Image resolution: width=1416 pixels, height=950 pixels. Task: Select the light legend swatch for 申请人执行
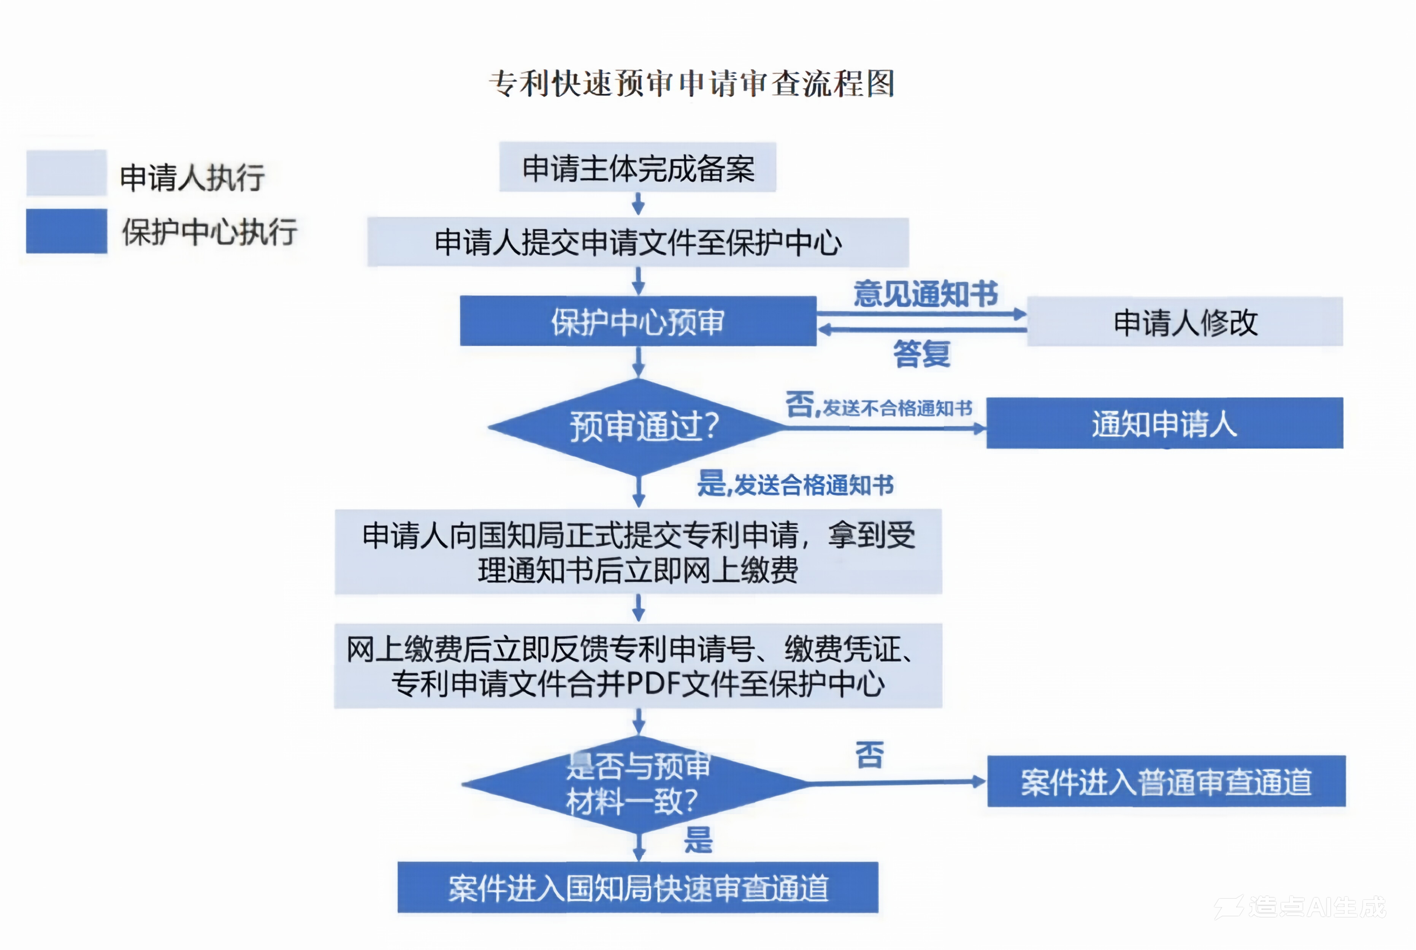(x=66, y=173)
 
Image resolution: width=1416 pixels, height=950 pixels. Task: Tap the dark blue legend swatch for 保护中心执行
(x=66, y=231)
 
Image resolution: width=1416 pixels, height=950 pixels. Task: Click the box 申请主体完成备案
(x=637, y=168)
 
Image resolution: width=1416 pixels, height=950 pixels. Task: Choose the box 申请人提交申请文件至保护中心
(x=637, y=242)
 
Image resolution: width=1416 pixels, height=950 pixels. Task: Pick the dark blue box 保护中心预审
(x=637, y=321)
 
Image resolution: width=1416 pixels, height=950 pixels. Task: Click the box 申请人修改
(x=1184, y=322)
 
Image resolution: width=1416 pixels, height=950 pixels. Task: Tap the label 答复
(x=921, y=353)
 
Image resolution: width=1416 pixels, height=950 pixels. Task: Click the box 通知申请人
(x=1164, y=423)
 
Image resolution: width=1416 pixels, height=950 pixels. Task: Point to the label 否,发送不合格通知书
(x=878, y=405)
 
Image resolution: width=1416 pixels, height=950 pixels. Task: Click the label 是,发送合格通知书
(x=795, y=485)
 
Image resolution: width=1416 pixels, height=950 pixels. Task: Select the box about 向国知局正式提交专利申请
(x=638, y=551)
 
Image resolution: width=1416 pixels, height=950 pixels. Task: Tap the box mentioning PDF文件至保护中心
(x=638, y=666)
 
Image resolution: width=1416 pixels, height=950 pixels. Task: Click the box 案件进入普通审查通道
(x=1166, y=782)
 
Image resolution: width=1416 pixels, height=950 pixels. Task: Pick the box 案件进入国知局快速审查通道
(x=637, y=888)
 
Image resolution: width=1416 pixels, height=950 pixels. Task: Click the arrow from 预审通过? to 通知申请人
(x=885, y=428)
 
